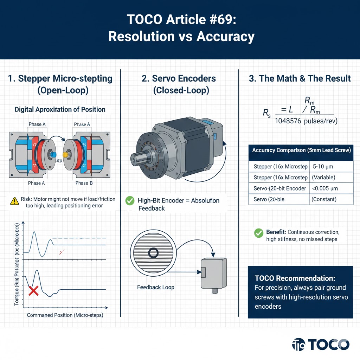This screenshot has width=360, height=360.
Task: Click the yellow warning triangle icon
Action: (14, 201)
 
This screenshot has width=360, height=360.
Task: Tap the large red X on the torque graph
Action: (33, 291)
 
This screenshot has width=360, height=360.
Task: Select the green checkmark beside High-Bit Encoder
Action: (130, 201)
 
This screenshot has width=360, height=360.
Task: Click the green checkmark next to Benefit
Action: (258, 233)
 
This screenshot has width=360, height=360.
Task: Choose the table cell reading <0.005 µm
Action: (325, 188)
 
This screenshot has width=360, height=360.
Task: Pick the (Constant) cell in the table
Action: (324, 199)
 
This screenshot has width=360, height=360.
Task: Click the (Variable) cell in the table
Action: (323, 177)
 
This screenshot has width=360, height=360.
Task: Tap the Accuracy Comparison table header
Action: (301, 150)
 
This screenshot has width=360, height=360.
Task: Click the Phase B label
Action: (84, 183)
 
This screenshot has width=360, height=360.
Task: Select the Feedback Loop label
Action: (156, 287)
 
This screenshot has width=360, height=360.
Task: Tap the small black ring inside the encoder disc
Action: (153, 252)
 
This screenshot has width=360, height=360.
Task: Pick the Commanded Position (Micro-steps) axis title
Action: (65, 315)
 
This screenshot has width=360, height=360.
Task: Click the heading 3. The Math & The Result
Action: (300, 78)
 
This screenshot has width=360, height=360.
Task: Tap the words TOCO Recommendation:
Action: (295, 278)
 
